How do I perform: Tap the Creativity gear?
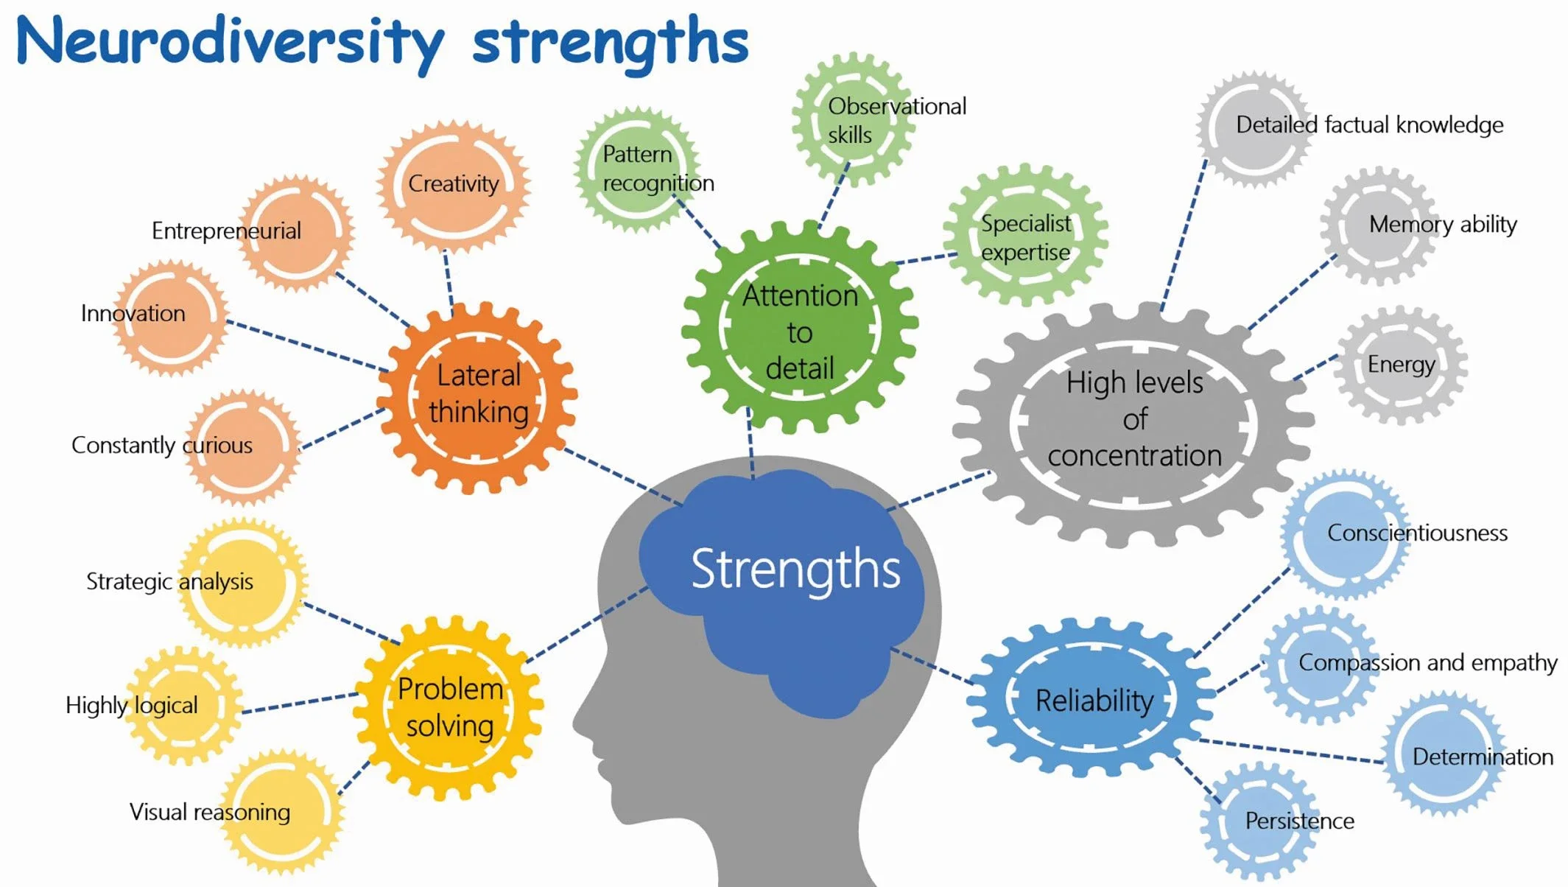pyautogui.click(x=454, y=184)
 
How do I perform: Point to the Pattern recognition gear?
pyautogui.click(x=635, y=169)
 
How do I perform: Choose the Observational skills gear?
pyautogui.click(x=853, y=119)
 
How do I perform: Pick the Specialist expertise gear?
pyautogui.click(x=1025, y=237)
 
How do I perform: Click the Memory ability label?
pyautogui.click(x=1442, y=225)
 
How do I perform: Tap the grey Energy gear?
pyautogui.click(x=1401, y=365)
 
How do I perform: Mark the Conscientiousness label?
pyautogui.click(x=1417, y=533)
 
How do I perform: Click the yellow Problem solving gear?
pyautogui.click(x=449, y=707)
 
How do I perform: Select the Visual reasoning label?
pyautogui.click(x=210, y=813)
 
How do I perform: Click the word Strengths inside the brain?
pyautogui.click(x=795, y=570)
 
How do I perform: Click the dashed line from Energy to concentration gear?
pyautogui.click(x=1315, y=367)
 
